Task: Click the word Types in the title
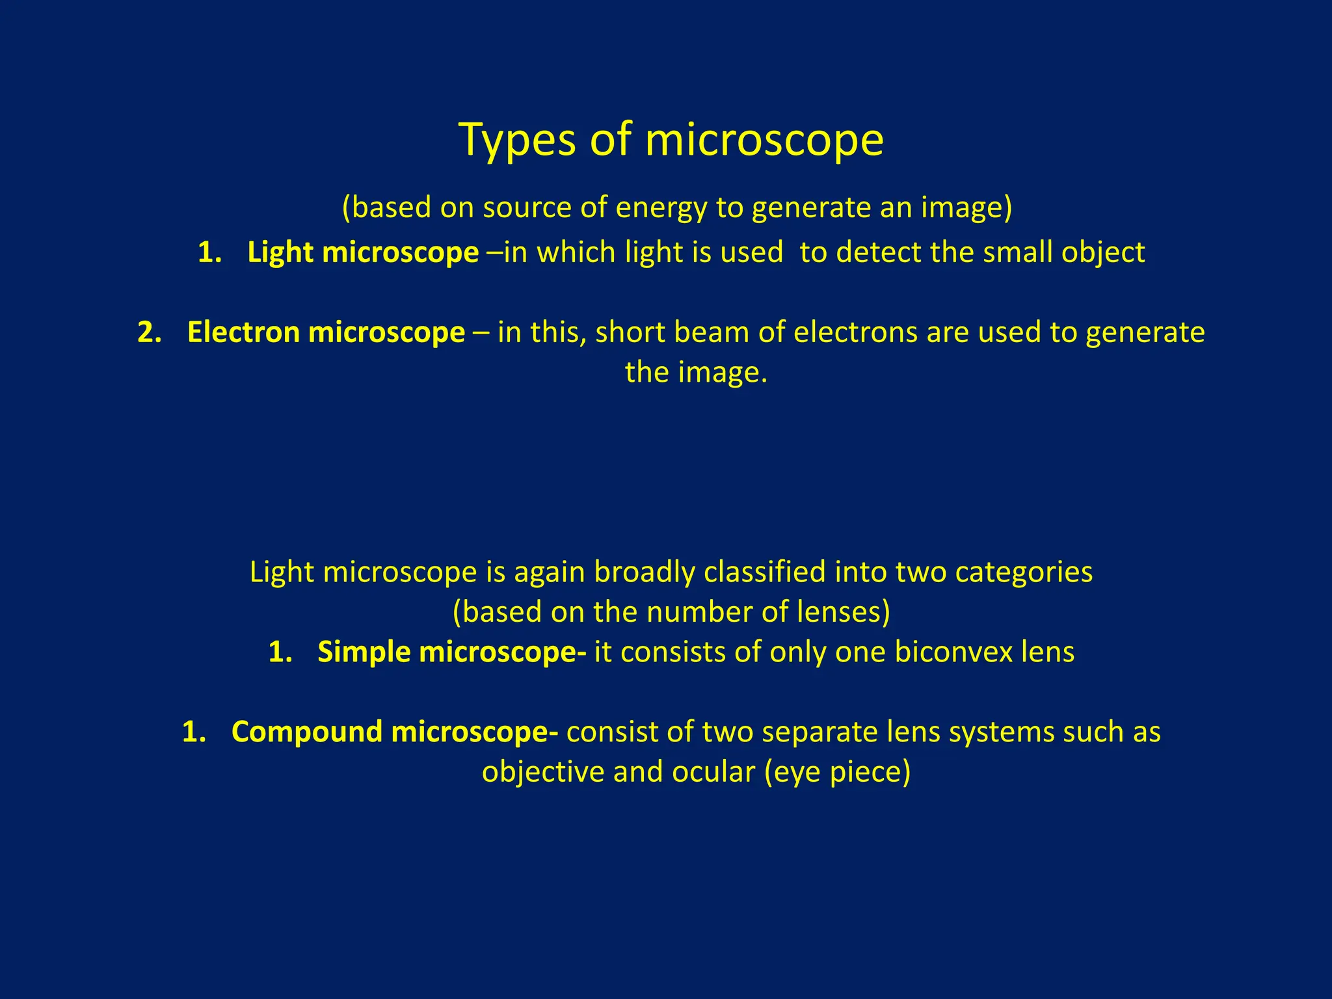coord(517,140)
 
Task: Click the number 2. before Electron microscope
coord(149,332)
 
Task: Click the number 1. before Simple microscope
coord(280,652)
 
